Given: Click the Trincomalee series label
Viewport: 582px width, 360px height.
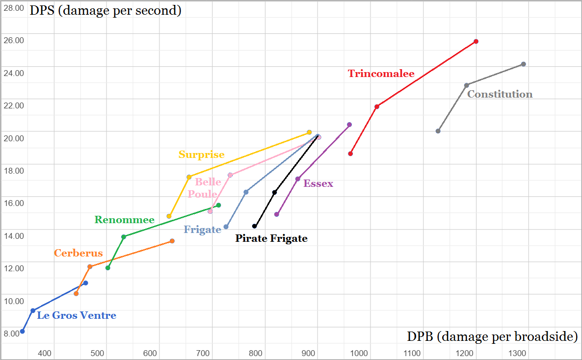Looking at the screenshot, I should pyautogui.click(x=381, y=74).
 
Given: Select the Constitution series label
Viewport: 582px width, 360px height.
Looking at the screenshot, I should pyautogui.click(x=500, y=94).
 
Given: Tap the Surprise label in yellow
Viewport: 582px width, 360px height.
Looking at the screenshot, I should pyautogui.click(x=201, y=154).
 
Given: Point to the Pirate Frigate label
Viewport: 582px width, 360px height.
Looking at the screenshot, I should pyautogui.click(x=271, y=239).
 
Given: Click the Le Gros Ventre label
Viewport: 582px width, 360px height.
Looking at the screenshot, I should pyautogui.click(x=77, y=315).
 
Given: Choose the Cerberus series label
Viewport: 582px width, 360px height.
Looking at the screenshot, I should pyautogui.click(x=79, y=253).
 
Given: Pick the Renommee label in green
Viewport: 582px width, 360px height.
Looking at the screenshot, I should pyautogui.click(x=125, y=220).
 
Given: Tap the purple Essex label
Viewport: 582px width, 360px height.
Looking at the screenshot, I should pyautogui.click(x=318, y=183).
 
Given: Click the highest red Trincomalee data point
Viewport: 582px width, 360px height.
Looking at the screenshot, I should pyautogui.click(x=476, y=41).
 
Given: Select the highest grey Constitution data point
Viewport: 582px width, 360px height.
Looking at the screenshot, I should pyautogui.click(x=524, y=64).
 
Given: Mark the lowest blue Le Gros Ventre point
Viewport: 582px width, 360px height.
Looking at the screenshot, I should pyautogui.click(x=22, y=332).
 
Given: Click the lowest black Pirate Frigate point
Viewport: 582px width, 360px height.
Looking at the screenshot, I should pyautogui.click(x=254, y=226).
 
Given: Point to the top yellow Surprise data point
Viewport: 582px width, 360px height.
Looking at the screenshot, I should pyautogui.click(x=309, y=132).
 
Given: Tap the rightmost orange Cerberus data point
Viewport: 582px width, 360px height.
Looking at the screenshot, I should pyautogui.click(x=172, y=241).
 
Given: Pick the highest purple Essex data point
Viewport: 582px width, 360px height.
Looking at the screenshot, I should pyautogui.click(x=349, y=125).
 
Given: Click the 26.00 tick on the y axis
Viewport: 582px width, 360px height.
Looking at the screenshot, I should pyautogui.click(x=14, y=40).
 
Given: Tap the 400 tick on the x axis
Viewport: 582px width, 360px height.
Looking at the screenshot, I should pyautogui.click(x=45, y=353).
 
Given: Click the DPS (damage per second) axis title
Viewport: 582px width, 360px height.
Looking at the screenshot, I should pyautogui.click(x=106, y=10).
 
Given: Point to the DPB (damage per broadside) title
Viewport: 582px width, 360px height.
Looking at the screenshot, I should pyautogui.click(x=492, y=337).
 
